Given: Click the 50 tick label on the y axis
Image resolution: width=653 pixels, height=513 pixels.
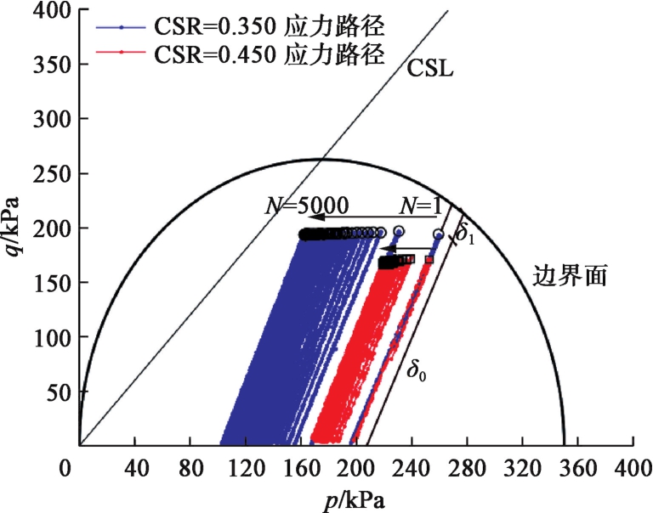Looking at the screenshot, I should click(x=56, y=391).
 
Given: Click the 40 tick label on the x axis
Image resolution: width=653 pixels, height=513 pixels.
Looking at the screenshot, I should click(x=134, y=466).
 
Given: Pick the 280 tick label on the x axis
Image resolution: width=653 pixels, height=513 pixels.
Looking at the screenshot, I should click(x=467, y=466).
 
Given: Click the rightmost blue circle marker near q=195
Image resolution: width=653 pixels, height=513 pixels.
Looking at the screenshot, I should click(x=439, y=234).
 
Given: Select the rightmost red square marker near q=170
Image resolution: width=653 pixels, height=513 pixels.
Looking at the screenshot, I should click(x=429, y=259).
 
